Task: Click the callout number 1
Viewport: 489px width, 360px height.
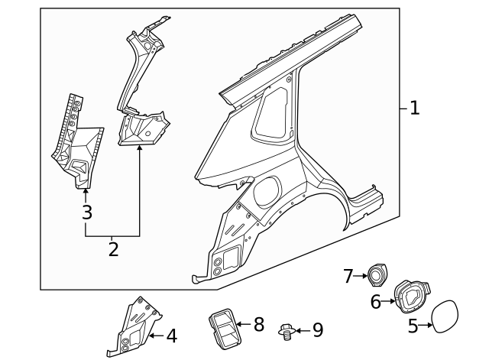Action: pyautogui.click(x=414, y=109)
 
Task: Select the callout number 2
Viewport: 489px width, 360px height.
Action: pyautogui.click(x=113, y=249)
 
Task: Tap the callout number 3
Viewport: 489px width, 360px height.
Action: pyautogui.click(x=86, y=212)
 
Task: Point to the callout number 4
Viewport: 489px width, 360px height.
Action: pyautogui.click(x=171, y=336)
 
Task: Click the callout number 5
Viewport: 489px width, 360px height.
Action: pyautogui.click(x=413, y=326)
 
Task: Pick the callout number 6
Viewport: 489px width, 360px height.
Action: pyautogui.click(x=375, y=302)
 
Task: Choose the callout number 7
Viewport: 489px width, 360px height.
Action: pyautogui.click(x=348, y=276)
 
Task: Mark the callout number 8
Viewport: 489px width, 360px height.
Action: pyautogui.click(x=258, y=325)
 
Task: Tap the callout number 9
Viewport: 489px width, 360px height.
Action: pyautogui.click(x=317, y=330)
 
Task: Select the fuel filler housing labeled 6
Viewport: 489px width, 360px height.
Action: pyautogui.click(x=410, y=297)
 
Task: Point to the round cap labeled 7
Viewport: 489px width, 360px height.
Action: pyautogui.click(x=378, y=274)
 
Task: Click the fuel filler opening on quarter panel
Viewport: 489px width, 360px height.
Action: pyautogui.click(x=268, y=191)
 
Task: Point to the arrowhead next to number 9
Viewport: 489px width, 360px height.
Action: pyautogui.click(x=299, y=331)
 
